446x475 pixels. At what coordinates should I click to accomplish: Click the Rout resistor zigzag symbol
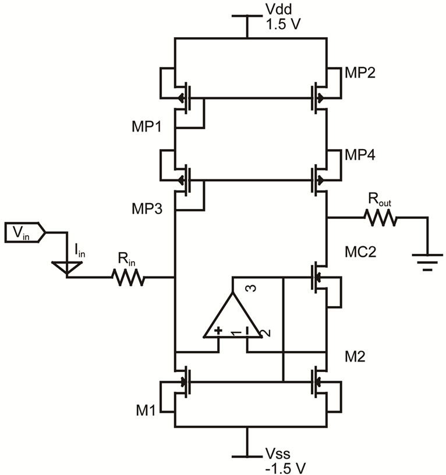point(381,218)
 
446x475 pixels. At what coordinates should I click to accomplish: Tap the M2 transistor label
point(354,356)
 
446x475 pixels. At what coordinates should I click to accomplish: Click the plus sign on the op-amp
point(218,332)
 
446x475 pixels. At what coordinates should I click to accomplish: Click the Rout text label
point(380,200)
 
